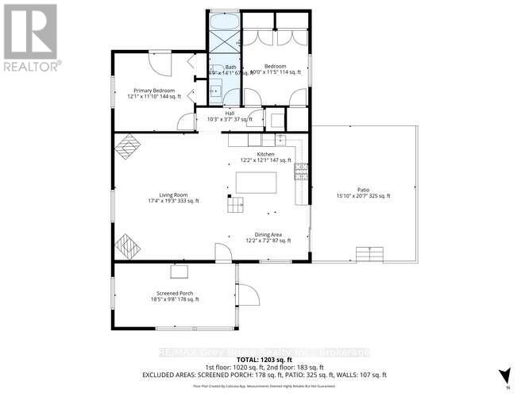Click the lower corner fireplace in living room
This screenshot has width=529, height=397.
[x=128, y=245]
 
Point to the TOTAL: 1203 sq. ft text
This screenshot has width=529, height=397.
[x=264, y=360]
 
